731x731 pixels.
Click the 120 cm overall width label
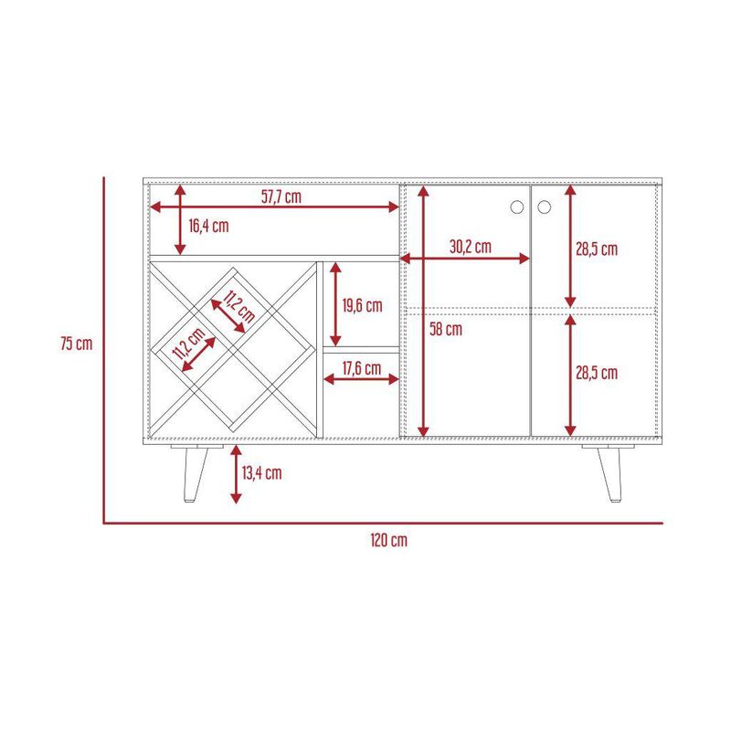tap(389, 540)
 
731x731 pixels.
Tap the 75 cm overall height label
tap(77, 344)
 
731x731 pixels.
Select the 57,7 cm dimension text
tap(281, 196)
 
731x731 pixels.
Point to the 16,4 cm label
tap(208, 226)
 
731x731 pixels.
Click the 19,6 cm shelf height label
tap(362, 306)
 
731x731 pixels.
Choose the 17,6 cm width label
tap(362, 368)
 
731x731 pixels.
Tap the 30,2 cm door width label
tap(471, 247)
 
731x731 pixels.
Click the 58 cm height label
tap(446, 329)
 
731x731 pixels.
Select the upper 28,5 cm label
tap(597, 249)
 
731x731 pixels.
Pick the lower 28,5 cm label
tap(597, 373)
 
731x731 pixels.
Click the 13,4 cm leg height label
tap(261, 473)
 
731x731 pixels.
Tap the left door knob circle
tap(517, 207)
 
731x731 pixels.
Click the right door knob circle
tap(544, 207)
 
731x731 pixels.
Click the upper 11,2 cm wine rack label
tap(239, 306)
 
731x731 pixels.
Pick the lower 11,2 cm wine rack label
tap(188, 344)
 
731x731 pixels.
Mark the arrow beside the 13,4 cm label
tap(237, 474)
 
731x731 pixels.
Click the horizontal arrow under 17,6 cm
tap(361, 379)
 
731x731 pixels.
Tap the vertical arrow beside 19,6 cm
tap(335, 304)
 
